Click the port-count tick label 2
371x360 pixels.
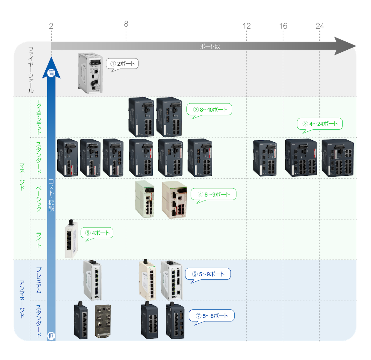tap(51, 26)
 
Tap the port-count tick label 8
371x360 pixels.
tap(126, 24)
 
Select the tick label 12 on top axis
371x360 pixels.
tap(247, 26)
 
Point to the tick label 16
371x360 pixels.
tap(283, 26)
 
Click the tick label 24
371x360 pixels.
tap(320, 26)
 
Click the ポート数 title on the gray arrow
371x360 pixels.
tap(210, 46)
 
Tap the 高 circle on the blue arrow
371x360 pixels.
tap(51, 73)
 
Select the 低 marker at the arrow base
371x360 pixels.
tap(51, 335)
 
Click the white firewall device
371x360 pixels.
tap(90, 73)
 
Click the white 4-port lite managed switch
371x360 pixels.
tap(72, 239)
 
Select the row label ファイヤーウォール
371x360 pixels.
tap(31, 70)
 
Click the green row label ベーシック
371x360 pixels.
tap(39, 199)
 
